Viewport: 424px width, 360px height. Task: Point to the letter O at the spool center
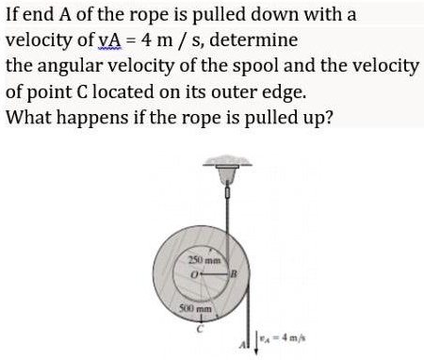(x=193, y=274)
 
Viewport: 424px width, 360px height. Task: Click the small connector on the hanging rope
(x=227, y=190)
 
